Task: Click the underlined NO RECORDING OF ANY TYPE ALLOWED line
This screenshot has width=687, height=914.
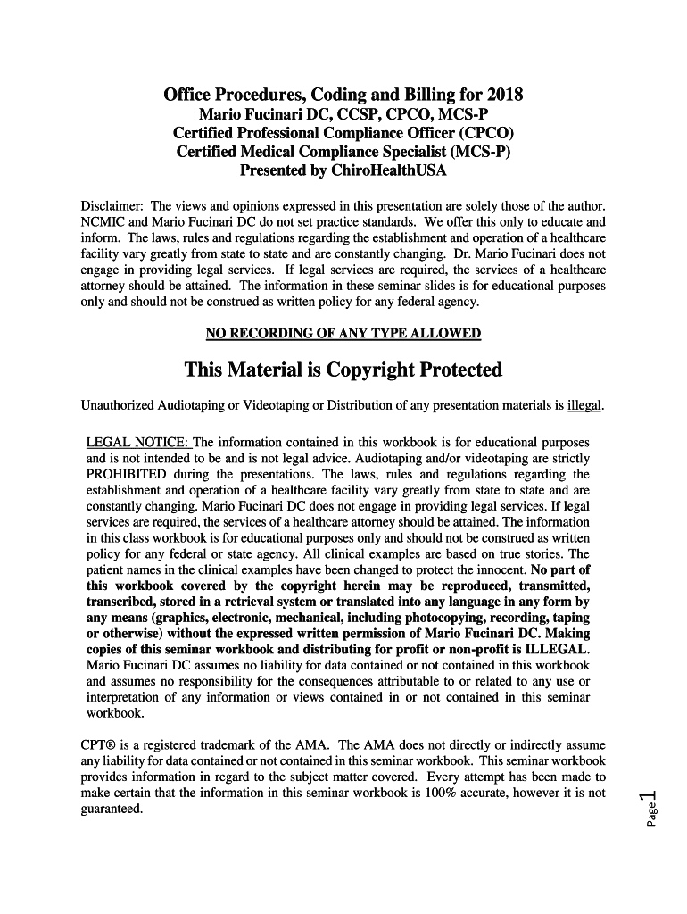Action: point(343,334)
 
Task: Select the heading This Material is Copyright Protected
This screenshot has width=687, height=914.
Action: point(343,370)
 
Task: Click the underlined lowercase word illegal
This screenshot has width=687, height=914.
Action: point(585,407)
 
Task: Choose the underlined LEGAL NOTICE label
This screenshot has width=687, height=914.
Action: point(137,443)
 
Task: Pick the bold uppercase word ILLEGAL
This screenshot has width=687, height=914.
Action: point(558,649)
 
